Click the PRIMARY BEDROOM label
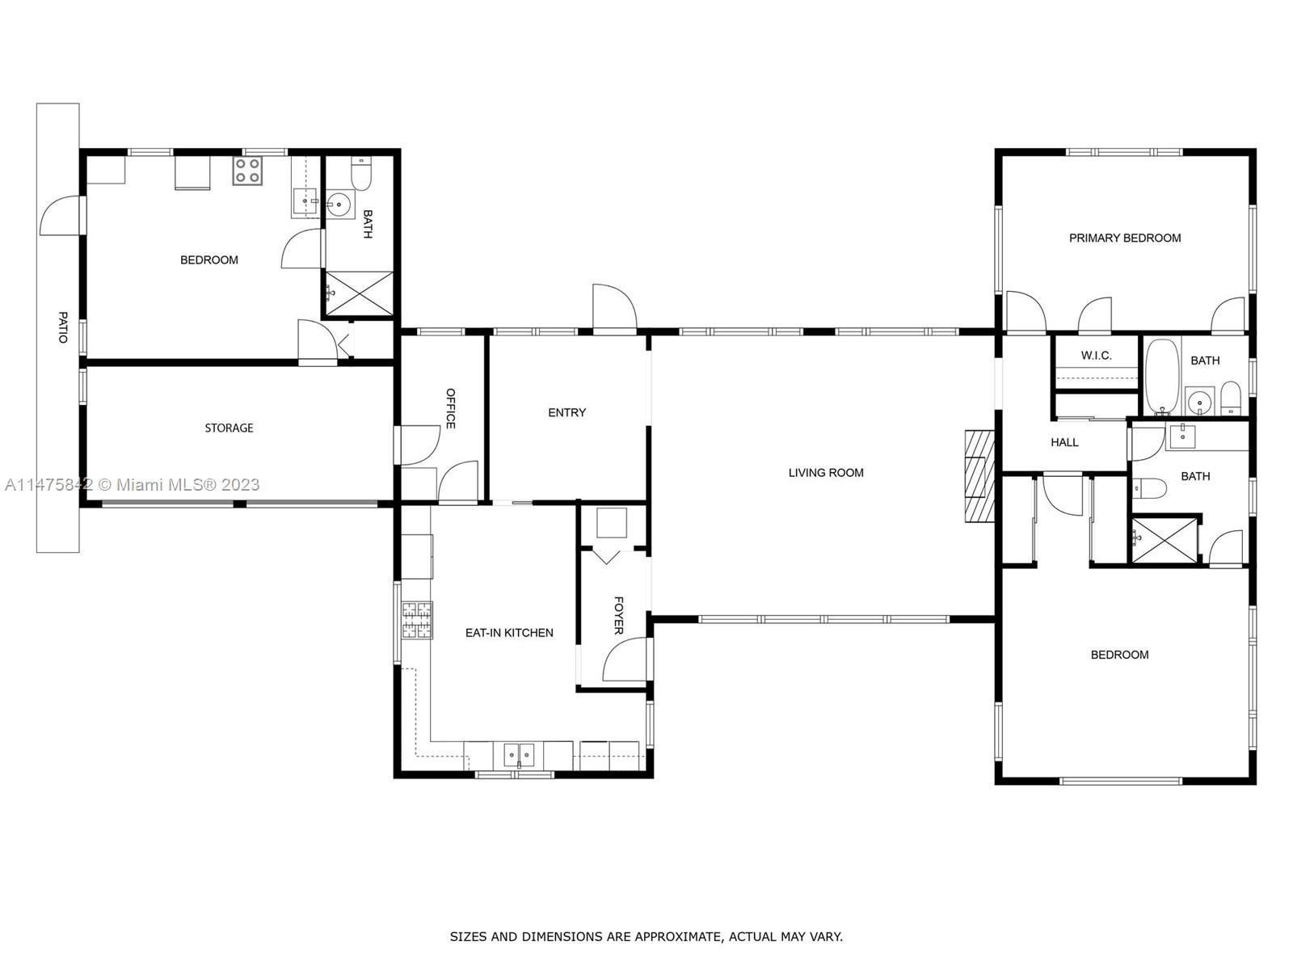point(1124,238)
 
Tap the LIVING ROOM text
point(826,473)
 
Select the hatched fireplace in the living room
point(979,478)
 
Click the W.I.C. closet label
point(1096,356)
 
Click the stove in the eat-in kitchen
point(417,621)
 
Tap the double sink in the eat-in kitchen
point(519,755)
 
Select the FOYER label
point(619,615)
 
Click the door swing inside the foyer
point(624,659)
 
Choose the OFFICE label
point(451,408)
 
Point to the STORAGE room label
point(229,428)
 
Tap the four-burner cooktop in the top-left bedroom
point(247,171)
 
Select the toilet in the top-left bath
point(361,174)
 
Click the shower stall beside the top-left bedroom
point(360,293)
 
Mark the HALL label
point(1064,442)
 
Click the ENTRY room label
point(566,412)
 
